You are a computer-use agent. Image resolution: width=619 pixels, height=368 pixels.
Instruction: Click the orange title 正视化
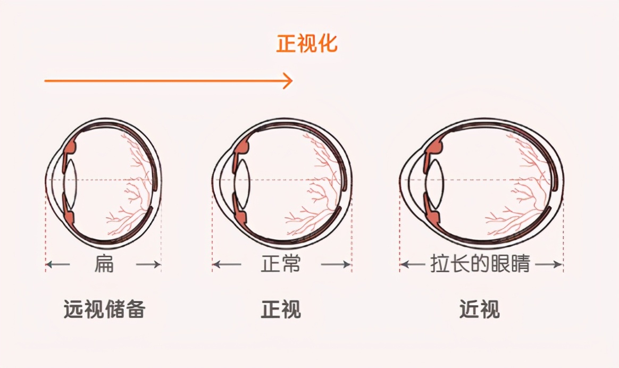(307, 44)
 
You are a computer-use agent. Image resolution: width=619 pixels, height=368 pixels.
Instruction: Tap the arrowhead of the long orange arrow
(289, 81)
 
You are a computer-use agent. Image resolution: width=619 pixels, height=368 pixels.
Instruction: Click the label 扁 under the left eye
(104, 264)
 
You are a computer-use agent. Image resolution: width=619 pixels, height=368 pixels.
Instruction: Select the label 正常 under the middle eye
(281, 264)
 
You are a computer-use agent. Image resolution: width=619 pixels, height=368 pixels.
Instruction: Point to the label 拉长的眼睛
(480, 264)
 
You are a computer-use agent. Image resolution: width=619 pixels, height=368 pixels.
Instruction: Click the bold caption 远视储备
(105, 309)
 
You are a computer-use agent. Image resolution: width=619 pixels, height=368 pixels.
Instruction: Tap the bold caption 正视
(281, 309)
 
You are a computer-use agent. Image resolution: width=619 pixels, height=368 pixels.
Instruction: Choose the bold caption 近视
(480, 309)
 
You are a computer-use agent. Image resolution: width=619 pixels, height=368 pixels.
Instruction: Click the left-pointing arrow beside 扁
(58, 264)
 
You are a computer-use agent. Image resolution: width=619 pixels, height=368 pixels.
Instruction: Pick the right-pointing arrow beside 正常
(336, 264)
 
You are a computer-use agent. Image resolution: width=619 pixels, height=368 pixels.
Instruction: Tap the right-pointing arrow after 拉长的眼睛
(548, 264)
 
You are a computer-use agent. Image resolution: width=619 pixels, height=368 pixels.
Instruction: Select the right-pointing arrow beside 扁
(148, 264)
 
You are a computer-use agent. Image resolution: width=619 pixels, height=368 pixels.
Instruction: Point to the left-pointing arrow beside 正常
(227, 264)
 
